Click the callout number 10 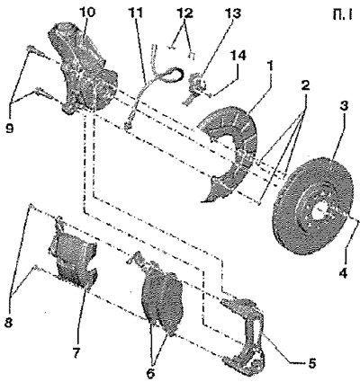coord(87,13)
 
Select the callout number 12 coord(185,13)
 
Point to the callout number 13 coord(233,13)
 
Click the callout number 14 coord(238,56)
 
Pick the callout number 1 coord(271,66)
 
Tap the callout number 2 coord(305,86)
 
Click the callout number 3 coord(344,106)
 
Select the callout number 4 coord(344,272)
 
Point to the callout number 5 coord(311,363)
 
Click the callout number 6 coord(151,373)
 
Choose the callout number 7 coord(76,353)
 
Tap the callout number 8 coord(8,324)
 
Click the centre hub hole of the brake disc coord(319,211)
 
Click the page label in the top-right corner coord(343,15)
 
